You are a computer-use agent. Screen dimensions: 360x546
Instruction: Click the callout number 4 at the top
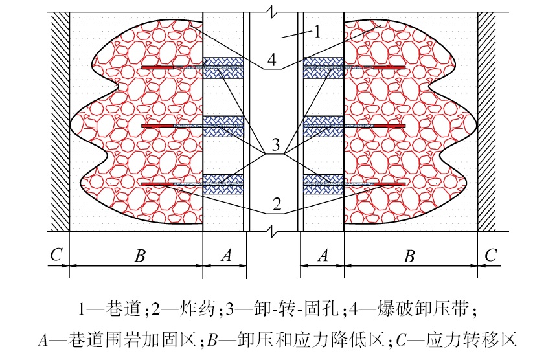(272, 61)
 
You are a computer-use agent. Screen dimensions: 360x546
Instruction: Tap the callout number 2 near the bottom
(277, 204)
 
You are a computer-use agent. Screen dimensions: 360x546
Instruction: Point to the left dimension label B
(139, 255)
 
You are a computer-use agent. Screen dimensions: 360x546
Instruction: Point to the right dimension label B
(408, 255)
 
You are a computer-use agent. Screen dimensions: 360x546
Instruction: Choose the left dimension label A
(226, 255)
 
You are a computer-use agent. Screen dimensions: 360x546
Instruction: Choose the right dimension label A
(322, 255)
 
